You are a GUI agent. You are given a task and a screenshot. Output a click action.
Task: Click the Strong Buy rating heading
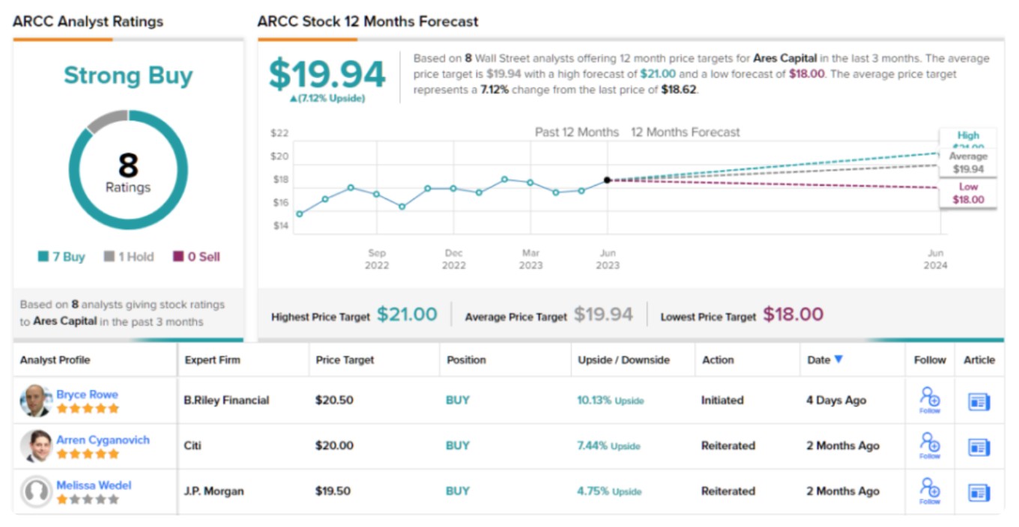[x=128, y=76]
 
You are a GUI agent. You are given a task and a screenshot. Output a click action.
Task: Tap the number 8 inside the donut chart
[x=128, y=165]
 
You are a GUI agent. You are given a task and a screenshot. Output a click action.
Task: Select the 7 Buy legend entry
[x=62, y=257]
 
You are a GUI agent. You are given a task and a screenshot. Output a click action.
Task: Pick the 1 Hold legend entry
[x=129, y=257]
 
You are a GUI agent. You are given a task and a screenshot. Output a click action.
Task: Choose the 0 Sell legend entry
[x=197, y=257]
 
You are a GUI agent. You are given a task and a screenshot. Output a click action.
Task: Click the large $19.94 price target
[x=327, y=75]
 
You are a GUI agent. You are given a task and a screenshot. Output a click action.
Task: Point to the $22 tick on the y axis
[x=279, y=133]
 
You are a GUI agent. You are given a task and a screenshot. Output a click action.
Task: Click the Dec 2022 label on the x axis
[x=453, y=259]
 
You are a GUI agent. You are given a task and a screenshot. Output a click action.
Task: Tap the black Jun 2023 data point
[x=607, y=180]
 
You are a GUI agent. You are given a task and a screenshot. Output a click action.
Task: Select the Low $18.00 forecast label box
[x=968, y=194]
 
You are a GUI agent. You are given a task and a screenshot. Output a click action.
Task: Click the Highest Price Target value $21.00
[x=407, y=314]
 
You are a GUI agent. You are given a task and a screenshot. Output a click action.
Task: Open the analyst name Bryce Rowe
[x=87, y=395]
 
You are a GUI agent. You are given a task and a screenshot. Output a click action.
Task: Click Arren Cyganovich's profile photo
[x=36, y=445]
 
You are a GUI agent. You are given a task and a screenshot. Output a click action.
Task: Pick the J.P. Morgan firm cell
[x=214, y=491]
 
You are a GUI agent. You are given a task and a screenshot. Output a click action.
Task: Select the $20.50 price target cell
[x=334, y=400]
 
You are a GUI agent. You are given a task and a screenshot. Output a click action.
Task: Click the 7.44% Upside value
[x=608, y=445]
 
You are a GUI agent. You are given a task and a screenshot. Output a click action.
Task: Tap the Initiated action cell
[x=722, y=400]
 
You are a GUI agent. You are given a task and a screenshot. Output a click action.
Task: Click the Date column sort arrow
[x=838, y=359]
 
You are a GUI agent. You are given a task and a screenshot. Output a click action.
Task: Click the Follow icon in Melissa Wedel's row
[x=930, y=490]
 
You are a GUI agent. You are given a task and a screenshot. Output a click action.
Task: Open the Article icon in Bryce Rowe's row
[x=979, y=401]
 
